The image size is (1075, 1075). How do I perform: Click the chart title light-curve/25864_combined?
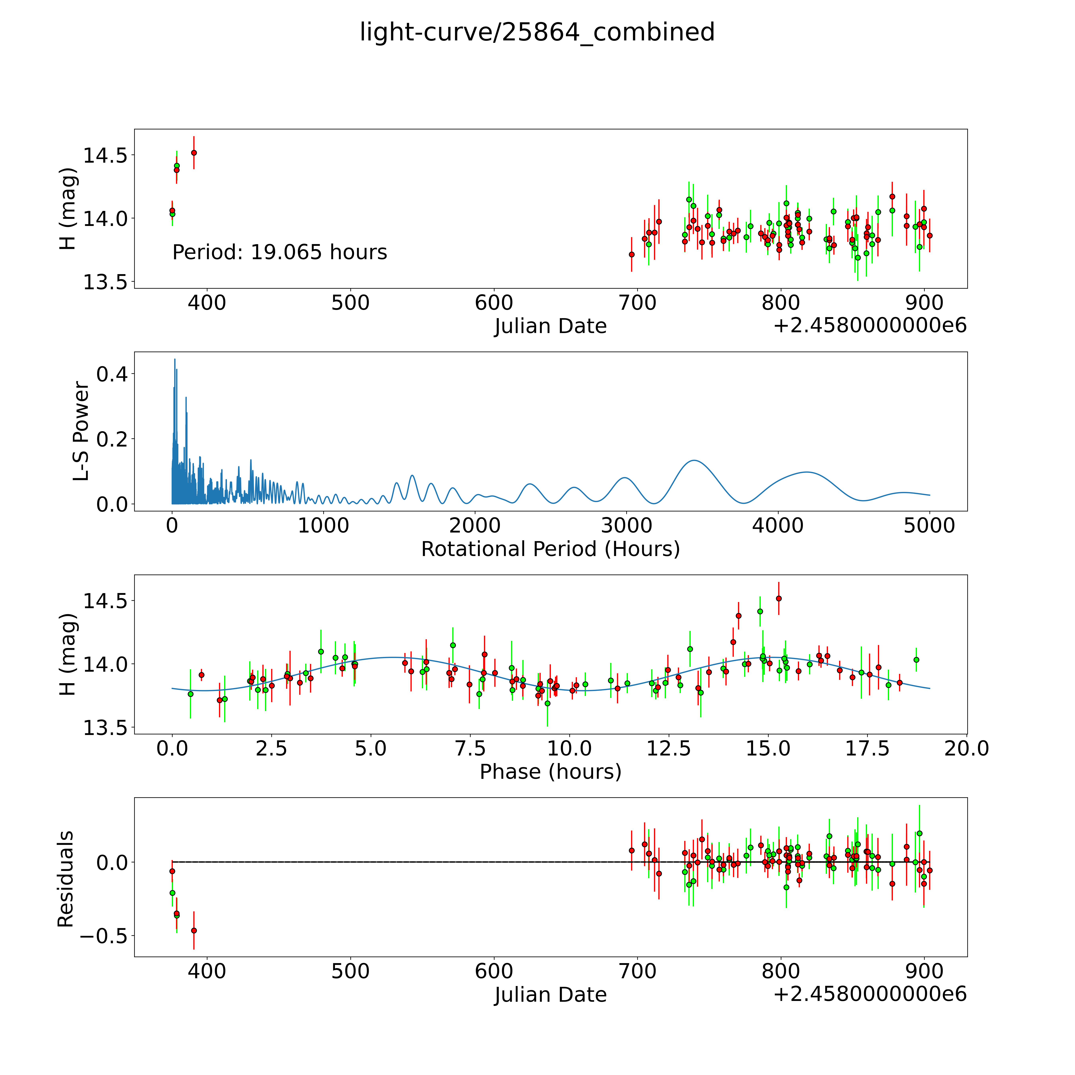tap(537, 32)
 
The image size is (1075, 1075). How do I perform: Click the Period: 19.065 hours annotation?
tap(279, 253)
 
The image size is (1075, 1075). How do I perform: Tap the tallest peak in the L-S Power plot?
tap(175, 360)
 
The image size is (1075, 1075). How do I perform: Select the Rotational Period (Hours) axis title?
tap(550, 549)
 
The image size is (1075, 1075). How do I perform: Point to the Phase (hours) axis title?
tap(550, 772)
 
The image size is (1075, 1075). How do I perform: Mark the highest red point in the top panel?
tap(194, 152)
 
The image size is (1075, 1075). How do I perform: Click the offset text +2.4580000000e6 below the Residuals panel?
tap(870, 994)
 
